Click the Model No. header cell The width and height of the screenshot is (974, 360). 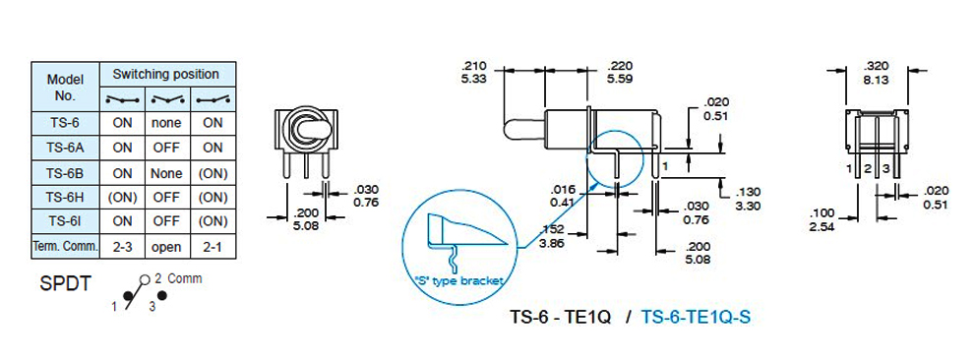pyautogui.click(x=65, y=87)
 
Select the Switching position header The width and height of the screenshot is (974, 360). pyautogui.click(x=166, y=75)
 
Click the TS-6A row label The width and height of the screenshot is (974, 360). pyautogui.click(x=65, y=148)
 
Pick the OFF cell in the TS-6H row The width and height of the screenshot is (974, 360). pyautogui.click(x=166, y=198)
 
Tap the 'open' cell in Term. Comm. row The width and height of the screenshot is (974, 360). pyautogui.click(x=166, y=247)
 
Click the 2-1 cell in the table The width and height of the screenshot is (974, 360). pyautogui.click(x=213, y=247)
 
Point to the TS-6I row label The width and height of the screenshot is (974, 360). pyautogui.click(x=65, y=221)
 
